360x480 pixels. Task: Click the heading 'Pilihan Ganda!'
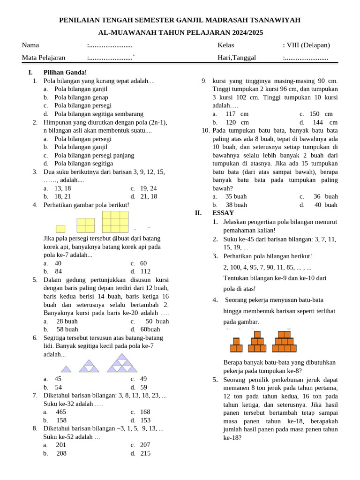65,72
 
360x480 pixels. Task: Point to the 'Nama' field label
30,45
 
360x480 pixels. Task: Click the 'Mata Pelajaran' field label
44,58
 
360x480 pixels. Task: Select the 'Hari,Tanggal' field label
237,58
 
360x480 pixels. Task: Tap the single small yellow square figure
60,229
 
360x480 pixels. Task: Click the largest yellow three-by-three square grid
115,222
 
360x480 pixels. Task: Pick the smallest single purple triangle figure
66,369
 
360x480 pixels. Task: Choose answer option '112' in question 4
145,271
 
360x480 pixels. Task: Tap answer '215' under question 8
145,453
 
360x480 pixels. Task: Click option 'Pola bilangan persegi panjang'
94,155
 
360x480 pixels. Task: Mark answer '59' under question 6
143,387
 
